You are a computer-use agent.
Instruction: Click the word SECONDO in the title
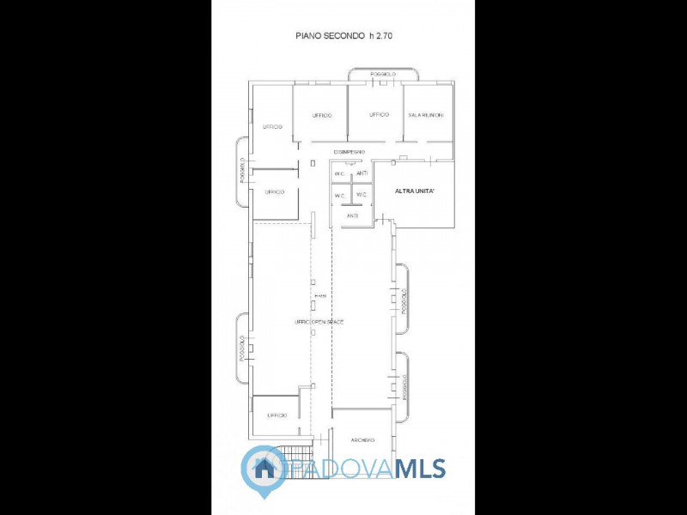[341, 37]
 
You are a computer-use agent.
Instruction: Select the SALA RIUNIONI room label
[426, 115]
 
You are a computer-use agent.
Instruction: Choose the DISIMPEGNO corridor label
[350, 152]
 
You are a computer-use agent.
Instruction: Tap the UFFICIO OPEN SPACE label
[319, 321]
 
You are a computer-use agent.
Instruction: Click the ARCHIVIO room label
[362, 440]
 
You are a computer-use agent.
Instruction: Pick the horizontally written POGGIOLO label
[383, 75]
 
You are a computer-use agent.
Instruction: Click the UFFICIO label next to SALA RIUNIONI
[379, 115]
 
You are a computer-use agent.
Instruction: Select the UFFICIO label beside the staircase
[277, 415]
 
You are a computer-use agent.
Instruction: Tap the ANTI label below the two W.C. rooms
[352, 215]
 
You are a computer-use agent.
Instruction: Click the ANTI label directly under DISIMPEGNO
[362, 173]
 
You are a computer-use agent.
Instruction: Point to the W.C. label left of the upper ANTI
[340, 173]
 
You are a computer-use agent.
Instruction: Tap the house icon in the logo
[264, 468]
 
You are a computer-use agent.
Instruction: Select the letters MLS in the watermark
[420, 469]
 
